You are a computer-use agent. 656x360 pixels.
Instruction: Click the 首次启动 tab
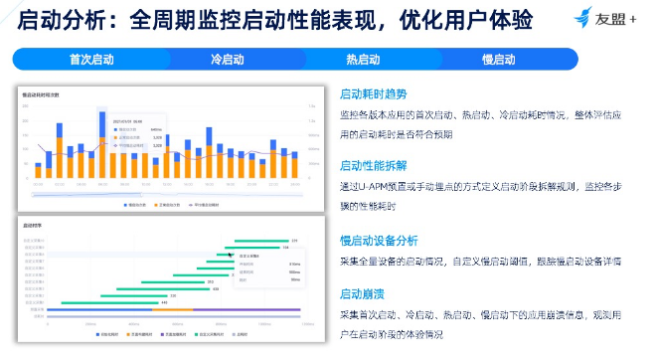click(x=91, y=59)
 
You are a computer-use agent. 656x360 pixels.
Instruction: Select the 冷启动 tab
click(x=228, y=59)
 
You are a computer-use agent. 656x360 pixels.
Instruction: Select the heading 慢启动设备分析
click(x=379, y=240)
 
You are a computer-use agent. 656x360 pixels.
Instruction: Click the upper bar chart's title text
click(x=41, y=94)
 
